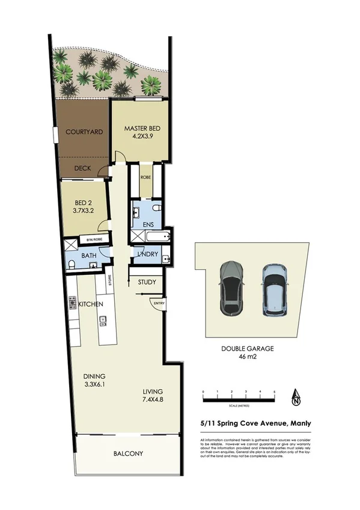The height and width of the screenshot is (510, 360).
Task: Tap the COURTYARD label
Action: point(82,132)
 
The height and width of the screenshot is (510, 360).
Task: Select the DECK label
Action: point(82,168)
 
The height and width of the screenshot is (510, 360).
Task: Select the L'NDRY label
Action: point(148,254)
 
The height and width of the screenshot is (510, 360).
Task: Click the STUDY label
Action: point(147,282)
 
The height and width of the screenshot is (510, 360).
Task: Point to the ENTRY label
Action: point(159,303)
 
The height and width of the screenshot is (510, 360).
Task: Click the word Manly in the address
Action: point(299,423)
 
